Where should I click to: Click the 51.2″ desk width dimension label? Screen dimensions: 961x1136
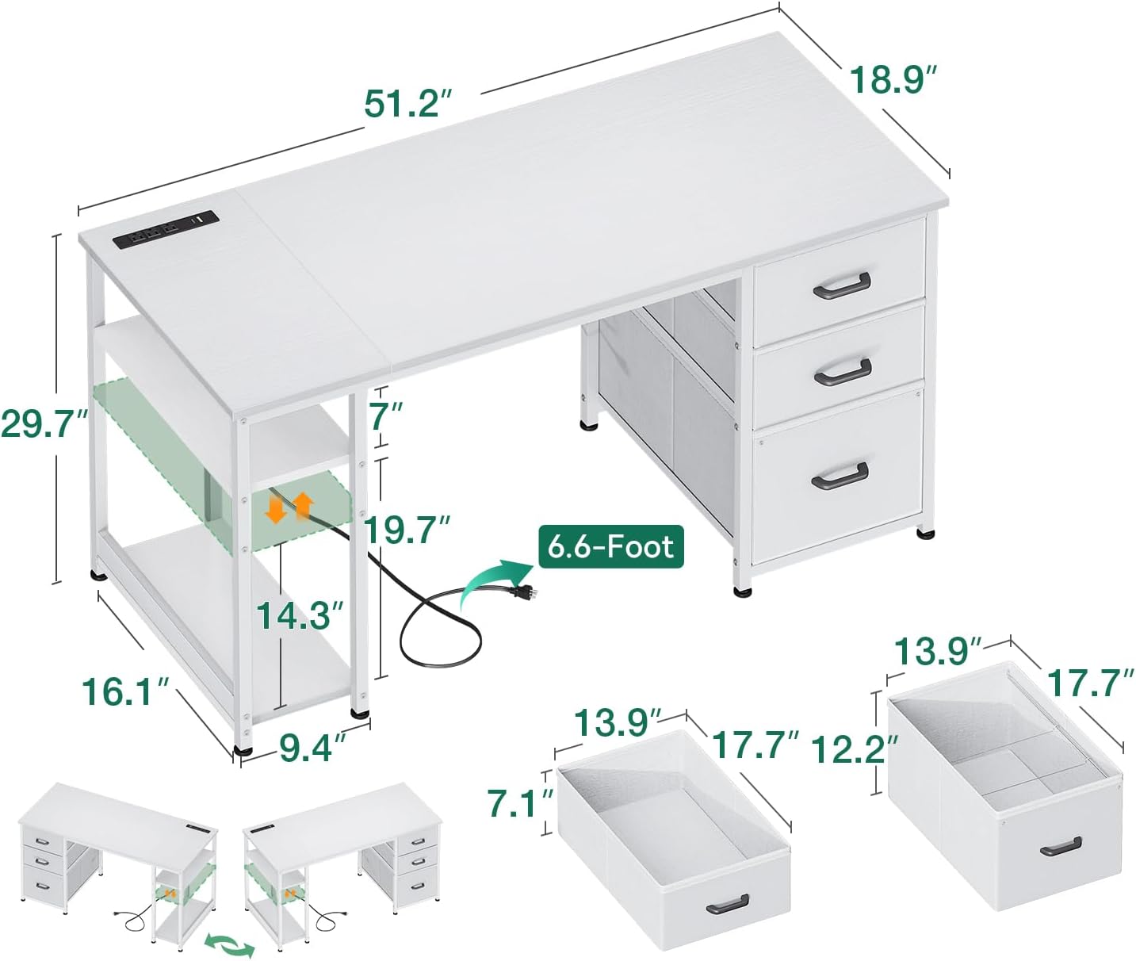407,104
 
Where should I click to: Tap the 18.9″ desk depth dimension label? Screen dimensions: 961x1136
893,80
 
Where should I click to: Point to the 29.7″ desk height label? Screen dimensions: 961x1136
44,423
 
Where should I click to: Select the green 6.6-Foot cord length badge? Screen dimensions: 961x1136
610,546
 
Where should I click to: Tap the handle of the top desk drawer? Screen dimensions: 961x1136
841,286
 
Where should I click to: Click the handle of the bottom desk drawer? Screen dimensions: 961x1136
840,476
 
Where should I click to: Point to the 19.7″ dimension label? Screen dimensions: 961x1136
407,530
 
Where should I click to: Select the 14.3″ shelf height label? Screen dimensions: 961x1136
300,615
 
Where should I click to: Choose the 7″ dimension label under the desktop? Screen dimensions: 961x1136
387,416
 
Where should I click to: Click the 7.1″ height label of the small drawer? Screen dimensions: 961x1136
519,802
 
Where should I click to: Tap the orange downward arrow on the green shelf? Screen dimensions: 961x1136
276,508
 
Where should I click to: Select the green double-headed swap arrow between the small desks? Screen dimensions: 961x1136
230,944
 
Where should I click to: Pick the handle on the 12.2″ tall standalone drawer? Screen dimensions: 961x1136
1061,846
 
